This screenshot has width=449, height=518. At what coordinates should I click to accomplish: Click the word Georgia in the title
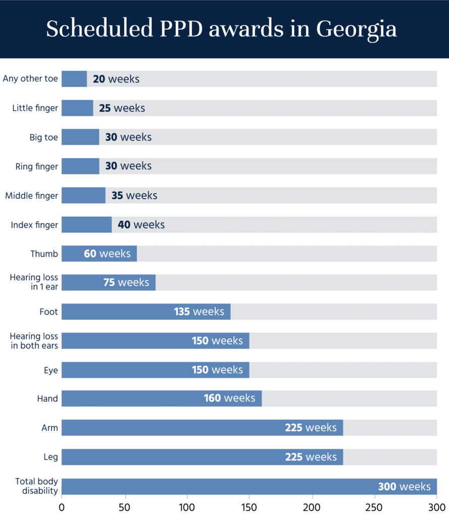pos(357,29)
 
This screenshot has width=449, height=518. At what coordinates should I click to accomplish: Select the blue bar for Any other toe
pos(74,79)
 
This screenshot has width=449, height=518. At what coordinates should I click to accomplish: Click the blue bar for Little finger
pos(77,108)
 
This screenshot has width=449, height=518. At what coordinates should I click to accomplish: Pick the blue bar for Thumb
pos(99,253)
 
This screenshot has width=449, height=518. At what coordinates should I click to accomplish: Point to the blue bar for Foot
pos(146,312)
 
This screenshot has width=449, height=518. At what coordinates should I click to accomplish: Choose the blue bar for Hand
pos(162,399)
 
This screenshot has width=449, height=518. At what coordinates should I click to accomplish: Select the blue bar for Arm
pos(202,427)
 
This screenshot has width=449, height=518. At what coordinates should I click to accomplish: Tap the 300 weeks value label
pos(405,487)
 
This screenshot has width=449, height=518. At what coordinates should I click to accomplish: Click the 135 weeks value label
pos(199,312)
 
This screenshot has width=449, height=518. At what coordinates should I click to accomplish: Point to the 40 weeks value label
pos(141,225)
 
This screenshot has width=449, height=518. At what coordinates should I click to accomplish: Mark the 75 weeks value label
pos(126,282)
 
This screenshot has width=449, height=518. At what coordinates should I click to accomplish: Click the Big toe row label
pos(44,137)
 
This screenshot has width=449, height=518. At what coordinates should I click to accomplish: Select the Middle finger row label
pos(31,195)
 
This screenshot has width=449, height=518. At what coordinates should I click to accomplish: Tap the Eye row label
pos(51,370)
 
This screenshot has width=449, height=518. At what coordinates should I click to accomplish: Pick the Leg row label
pos(51,457)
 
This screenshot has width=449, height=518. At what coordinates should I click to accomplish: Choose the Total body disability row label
pos(36,486)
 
